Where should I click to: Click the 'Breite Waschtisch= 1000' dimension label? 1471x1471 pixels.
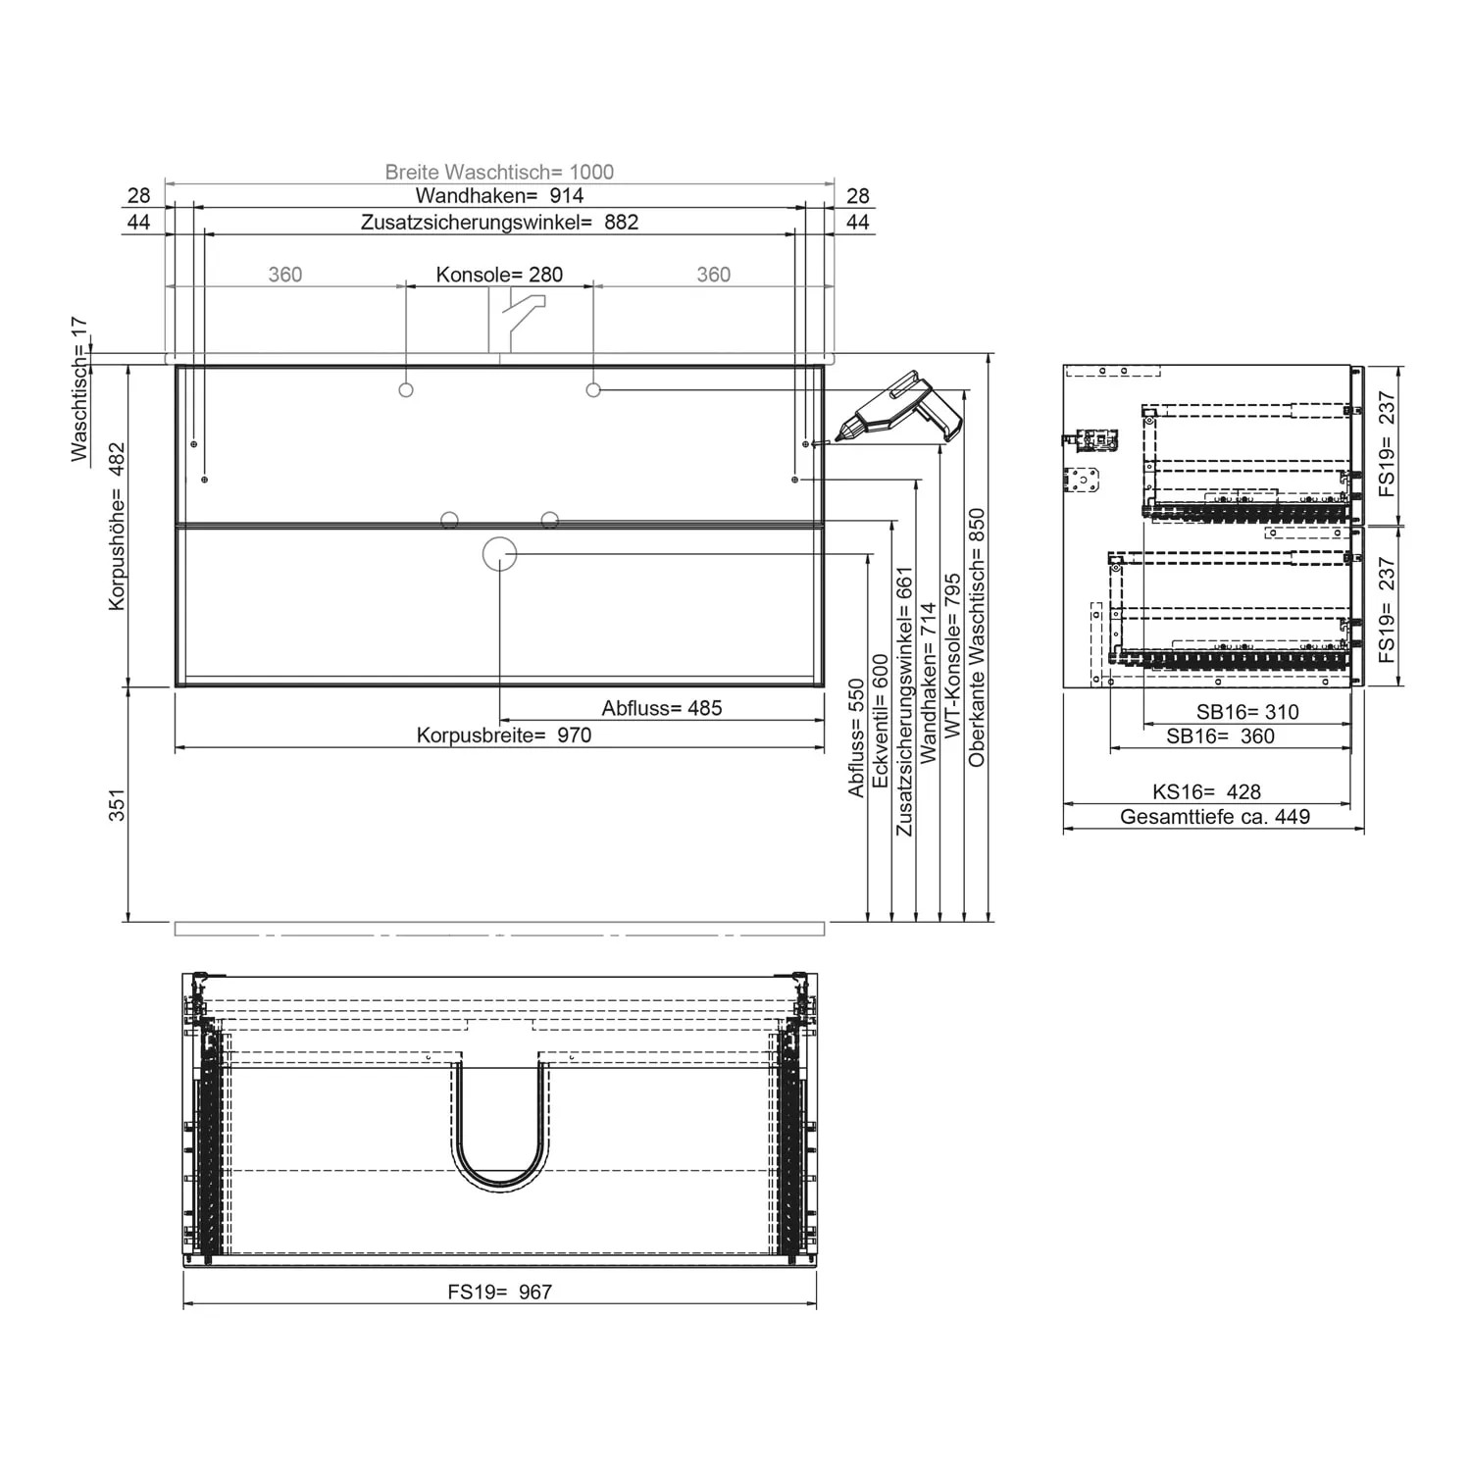coord(499,172)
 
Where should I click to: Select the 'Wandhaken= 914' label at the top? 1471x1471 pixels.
coord(499,196)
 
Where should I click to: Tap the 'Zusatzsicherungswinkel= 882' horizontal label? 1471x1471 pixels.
coord(499,223)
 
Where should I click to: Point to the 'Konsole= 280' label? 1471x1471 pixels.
coord(499,275)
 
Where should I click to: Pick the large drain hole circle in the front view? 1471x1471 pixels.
coord(499,554)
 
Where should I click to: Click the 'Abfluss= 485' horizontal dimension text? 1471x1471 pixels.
coord(662,708)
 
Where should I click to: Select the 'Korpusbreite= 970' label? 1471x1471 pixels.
coord(504,735)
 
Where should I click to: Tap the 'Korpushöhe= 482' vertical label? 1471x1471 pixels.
coord(117,526)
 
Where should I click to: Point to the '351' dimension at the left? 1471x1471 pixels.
coord(117,804)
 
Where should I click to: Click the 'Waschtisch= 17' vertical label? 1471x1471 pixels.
coord(79,388)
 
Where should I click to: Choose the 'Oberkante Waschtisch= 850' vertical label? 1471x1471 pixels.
coord(977,637)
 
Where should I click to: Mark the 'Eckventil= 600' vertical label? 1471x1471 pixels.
coord(881,721)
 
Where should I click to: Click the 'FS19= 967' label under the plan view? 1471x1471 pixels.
coord(500,1293)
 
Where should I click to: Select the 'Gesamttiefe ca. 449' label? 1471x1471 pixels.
coord(1214,817)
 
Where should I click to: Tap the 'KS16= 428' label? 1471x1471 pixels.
coord(1206,791)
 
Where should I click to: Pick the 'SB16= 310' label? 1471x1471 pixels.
coord(1247,712)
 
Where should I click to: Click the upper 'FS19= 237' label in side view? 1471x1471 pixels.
coord(1386,443)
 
